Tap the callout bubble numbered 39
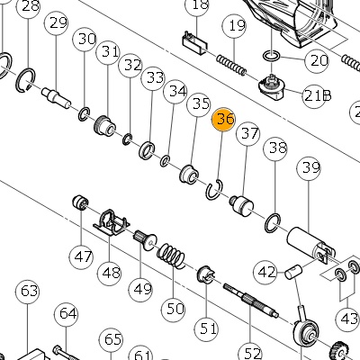310,168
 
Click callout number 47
82,256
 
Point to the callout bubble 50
174,308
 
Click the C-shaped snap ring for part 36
214,189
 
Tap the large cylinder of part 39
310,244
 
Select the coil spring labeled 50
171,256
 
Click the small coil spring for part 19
231,65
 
